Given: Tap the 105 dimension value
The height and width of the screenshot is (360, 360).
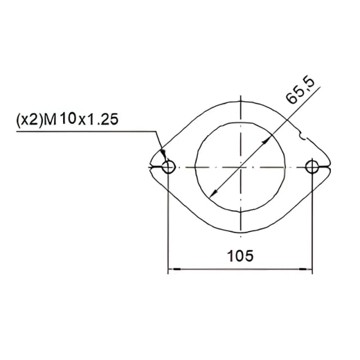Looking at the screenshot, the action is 240,255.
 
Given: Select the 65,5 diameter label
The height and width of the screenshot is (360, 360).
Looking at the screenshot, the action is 300,92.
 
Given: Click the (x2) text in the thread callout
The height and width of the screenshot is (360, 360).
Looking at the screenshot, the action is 30,119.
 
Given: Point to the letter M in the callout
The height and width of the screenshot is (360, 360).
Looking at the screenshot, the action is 50,119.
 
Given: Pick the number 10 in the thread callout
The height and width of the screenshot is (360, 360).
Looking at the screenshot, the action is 68,119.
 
